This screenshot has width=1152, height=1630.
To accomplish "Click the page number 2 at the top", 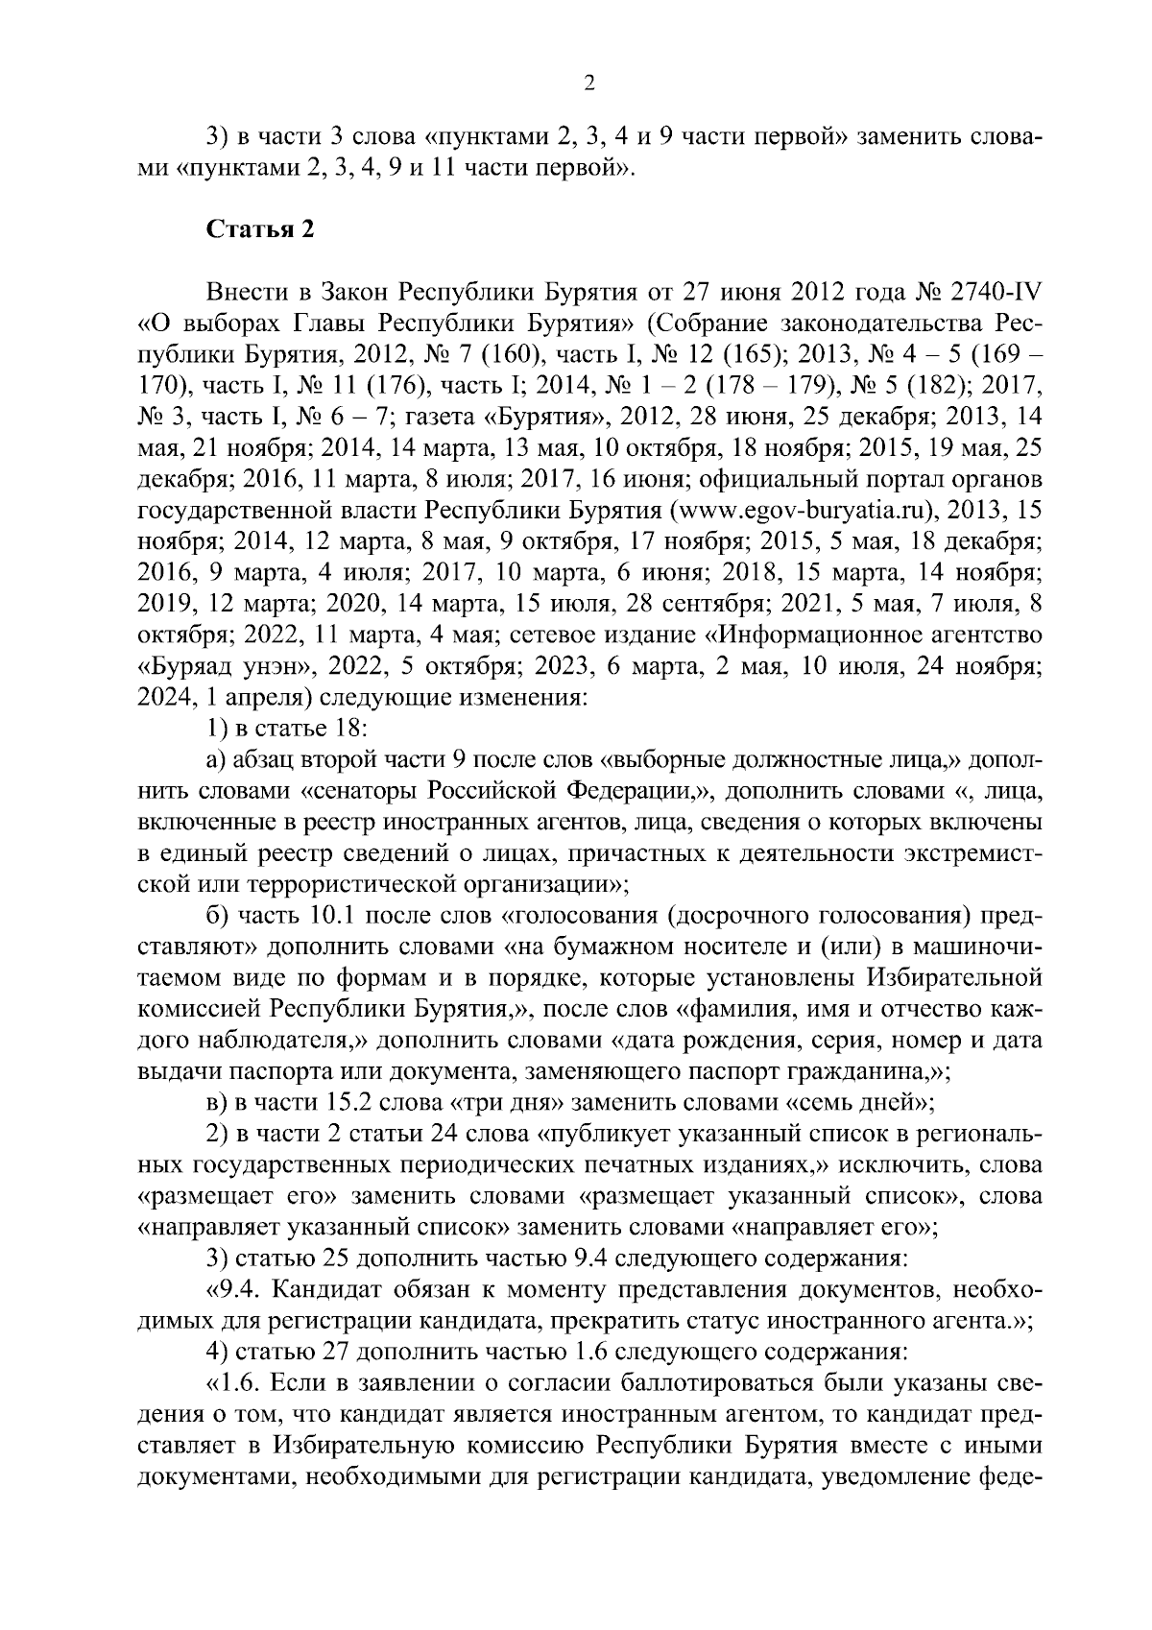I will [589, 84].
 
